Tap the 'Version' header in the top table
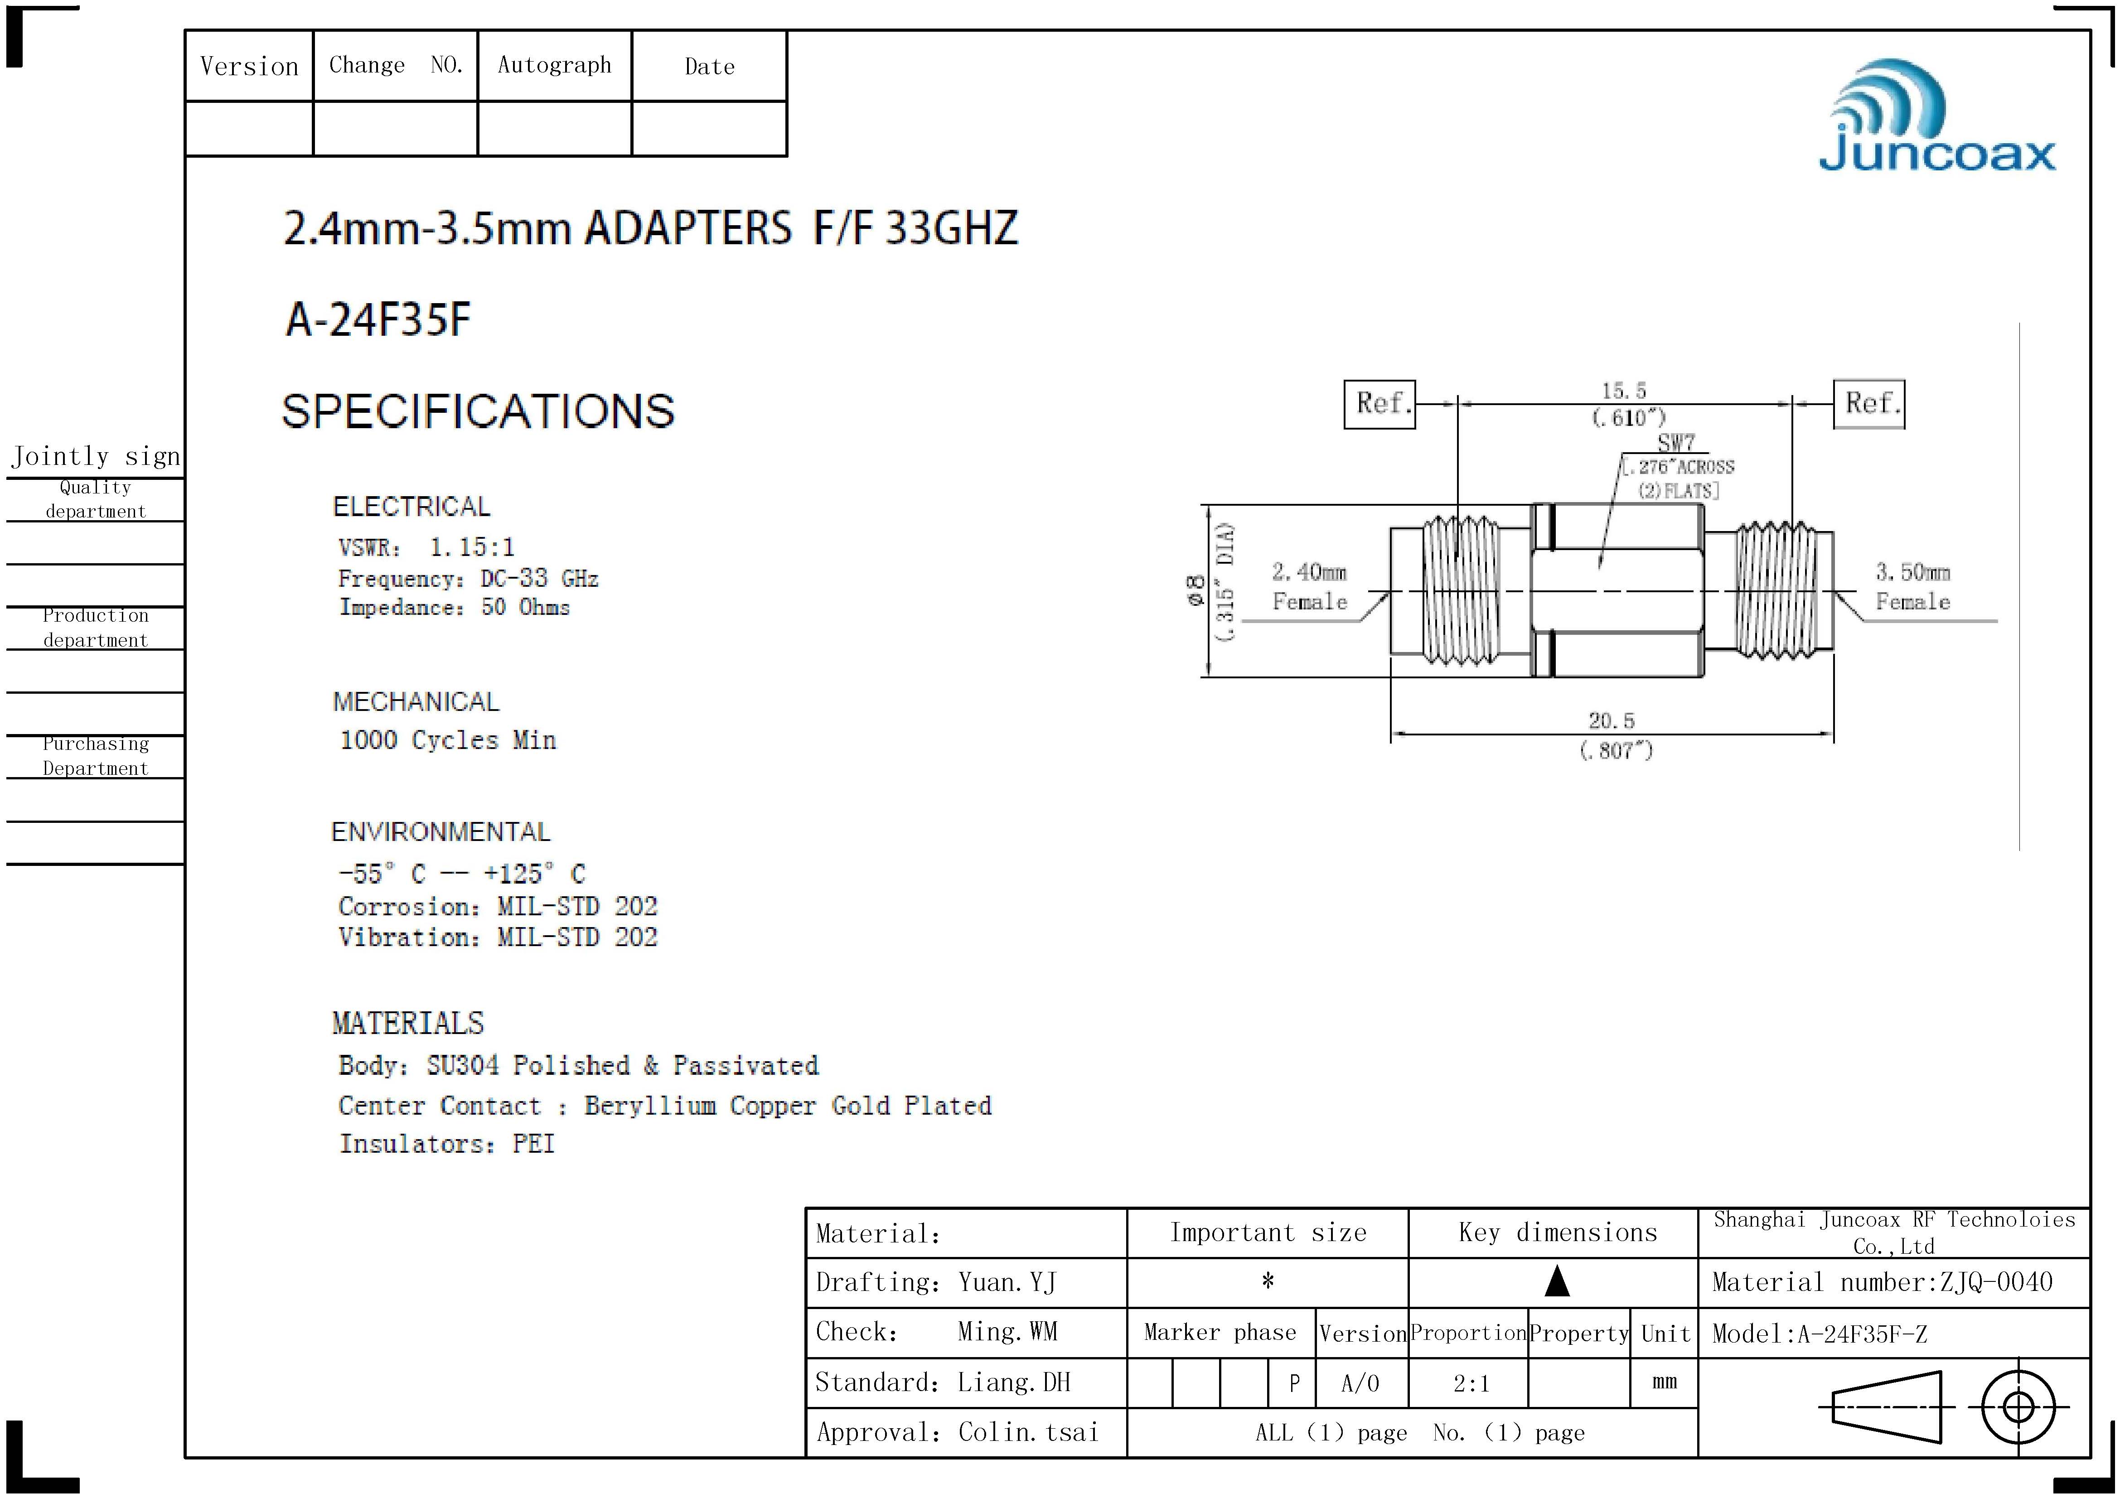click(249, 67)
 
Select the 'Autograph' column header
click(554, 65)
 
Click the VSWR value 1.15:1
click(472, 547)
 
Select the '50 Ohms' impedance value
click(525, 607)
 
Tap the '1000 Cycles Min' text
click(448, 740)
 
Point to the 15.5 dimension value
click(1623, 391)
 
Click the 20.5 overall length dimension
click(1611, 720)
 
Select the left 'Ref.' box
click(1379, 403)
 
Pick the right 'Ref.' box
click(1869, 403)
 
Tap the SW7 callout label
click(1676, 443)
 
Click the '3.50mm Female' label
click(1912, 587)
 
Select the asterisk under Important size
click(1268, 1281)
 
